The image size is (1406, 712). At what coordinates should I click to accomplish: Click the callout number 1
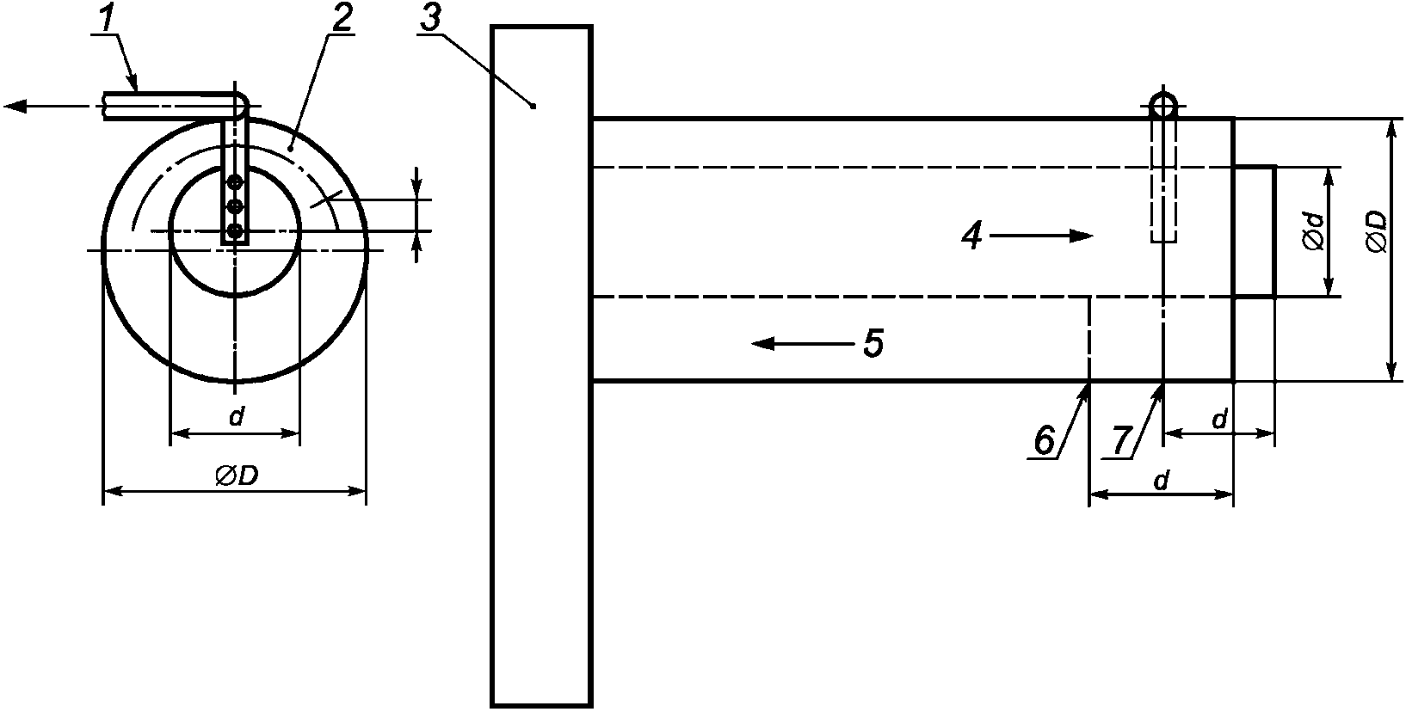[x=108, y=21]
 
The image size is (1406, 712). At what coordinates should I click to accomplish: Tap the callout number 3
[x=430, y=19]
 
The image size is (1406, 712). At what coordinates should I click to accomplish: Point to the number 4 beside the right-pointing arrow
[x=971, y=237]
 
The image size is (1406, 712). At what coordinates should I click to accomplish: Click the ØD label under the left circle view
[x=237, y=476]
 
